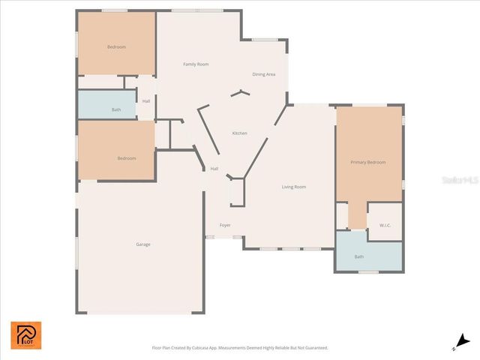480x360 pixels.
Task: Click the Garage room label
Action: (142, 244)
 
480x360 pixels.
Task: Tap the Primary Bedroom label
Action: (368, 162)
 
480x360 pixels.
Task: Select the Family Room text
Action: (196, 64)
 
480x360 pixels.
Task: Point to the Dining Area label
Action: (264, 74)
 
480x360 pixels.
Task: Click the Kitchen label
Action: (239, 133)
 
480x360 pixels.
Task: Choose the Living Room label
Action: (294, 187)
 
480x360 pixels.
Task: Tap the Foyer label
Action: (225, 225)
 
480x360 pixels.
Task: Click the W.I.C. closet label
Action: (385, 225)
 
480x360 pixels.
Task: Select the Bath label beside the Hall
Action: (116, 110)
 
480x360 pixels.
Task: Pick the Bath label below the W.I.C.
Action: (359, 257)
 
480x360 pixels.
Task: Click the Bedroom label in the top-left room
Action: (116, 47)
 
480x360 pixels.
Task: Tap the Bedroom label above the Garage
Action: (126, 158)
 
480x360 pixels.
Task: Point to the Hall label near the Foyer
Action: (214, 169)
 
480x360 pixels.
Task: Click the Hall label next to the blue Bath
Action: (146, 101)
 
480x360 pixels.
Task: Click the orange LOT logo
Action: (26, 335)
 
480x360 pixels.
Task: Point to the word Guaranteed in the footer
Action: (313, 348)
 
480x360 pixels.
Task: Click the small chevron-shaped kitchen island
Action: (241, 94)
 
